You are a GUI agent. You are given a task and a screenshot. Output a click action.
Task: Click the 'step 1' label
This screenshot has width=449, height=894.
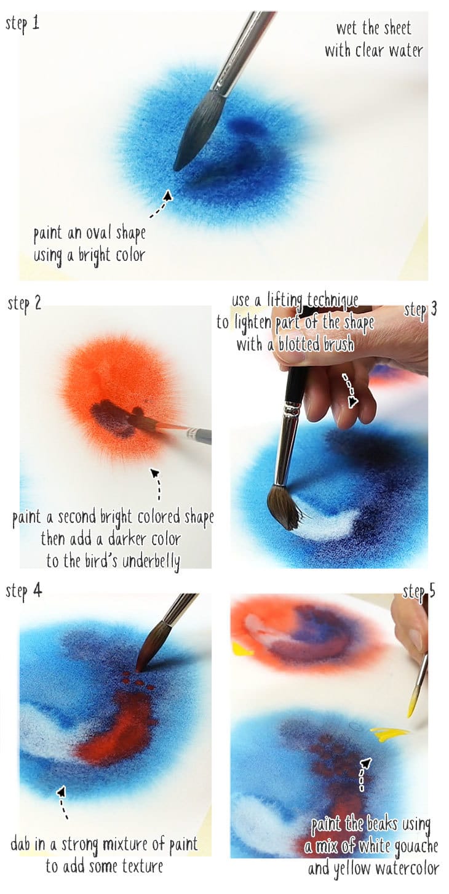23,25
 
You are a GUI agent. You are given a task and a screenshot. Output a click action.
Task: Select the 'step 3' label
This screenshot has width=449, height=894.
420,309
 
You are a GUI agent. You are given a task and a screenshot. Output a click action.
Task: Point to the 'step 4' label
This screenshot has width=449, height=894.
24,591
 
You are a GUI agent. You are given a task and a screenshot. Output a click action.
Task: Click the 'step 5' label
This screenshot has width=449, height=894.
419,592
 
